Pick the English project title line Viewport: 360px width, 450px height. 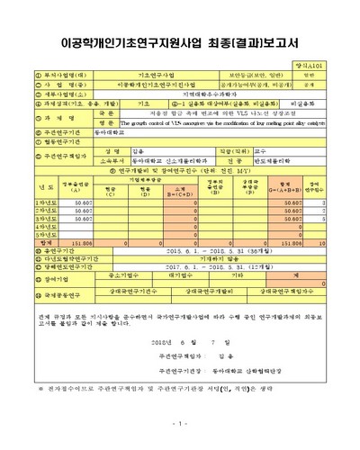[220, 124]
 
